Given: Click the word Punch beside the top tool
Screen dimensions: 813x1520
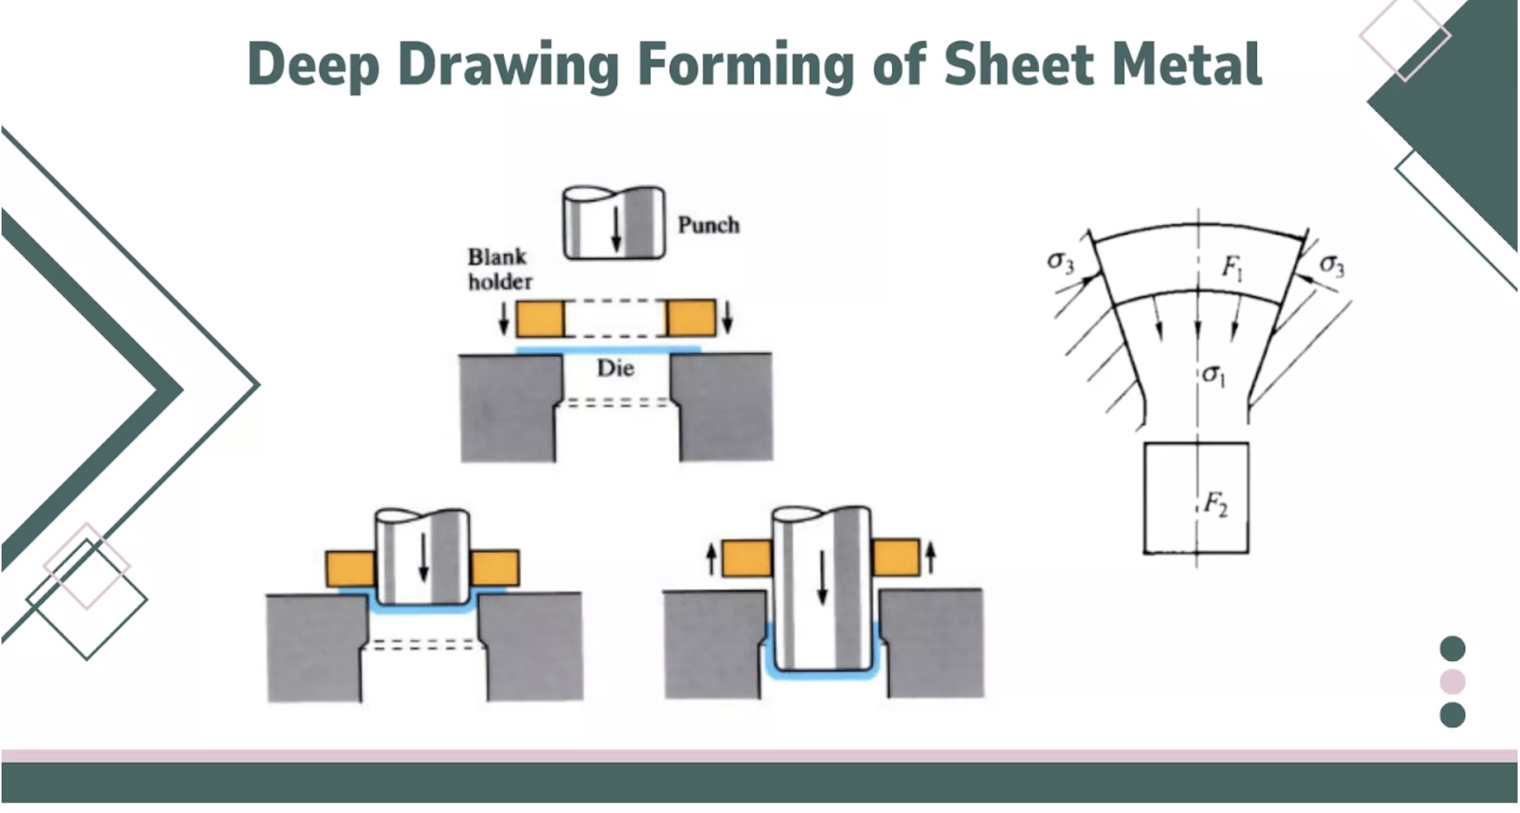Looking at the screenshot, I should point(708,225).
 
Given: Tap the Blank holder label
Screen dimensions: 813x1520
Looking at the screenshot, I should point(499,270).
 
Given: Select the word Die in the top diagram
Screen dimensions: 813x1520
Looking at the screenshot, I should point(615,369).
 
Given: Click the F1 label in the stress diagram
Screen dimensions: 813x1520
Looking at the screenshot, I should point(1232,267).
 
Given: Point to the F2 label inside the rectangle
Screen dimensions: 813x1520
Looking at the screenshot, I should point(1215,504).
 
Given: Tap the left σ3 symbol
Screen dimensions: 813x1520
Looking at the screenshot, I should point(1060,262).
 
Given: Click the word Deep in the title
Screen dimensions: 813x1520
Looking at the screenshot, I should point(313,65).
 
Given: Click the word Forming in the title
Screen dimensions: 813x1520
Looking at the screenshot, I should point(746,65).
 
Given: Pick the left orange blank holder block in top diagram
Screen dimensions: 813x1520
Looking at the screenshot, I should point(539,318).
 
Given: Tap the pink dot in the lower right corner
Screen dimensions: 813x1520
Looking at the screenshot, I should point(1452,682).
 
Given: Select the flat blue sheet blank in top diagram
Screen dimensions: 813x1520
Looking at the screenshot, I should point(608,350).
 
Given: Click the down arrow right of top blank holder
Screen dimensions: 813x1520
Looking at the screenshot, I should point(728,318).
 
